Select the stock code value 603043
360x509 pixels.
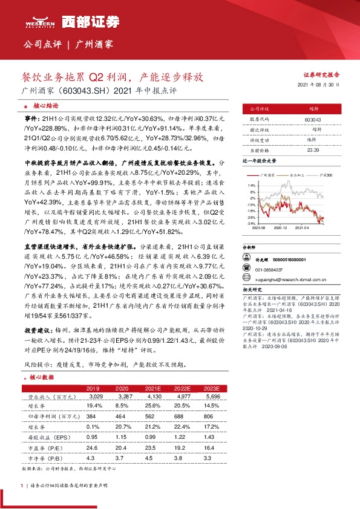click(313, 119)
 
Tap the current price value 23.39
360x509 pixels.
click(313, 149)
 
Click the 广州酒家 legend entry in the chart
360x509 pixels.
click(269, 173)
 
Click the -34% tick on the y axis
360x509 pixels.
click(251, 223)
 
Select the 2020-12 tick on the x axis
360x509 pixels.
click(280, 228)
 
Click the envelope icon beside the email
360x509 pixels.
click(247, 279)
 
